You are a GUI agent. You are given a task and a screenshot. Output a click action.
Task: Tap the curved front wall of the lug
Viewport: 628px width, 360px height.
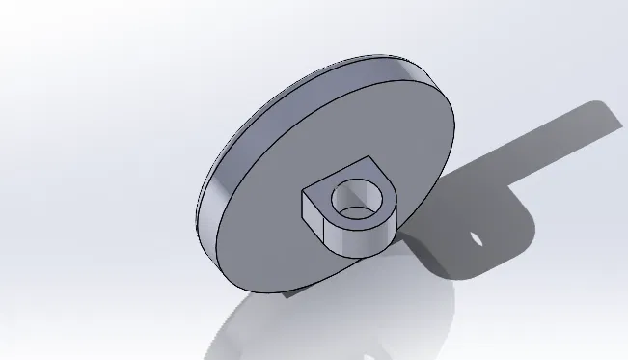tap(357, 236)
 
